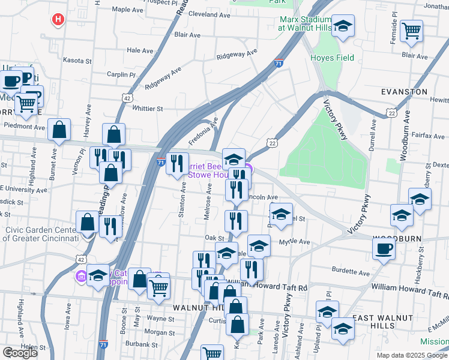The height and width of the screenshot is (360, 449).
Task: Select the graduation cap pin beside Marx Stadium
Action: pos(343,26)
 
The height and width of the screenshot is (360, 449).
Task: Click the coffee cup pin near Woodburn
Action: pos(384,248)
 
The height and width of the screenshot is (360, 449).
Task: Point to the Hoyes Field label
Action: pos(332,58)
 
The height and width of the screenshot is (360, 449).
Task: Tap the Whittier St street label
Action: pos(148,109)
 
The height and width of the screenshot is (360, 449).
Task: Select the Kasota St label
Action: pos(77,61)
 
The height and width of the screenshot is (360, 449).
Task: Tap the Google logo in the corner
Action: pos(20,353)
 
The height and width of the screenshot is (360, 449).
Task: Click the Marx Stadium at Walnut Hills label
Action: pos(305,23)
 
